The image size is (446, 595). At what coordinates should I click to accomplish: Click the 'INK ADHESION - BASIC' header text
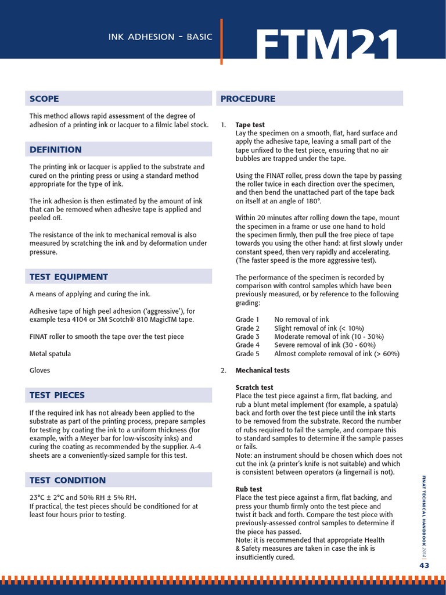[x=160, y=37]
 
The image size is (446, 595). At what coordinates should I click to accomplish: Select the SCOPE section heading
[x=44, y=99]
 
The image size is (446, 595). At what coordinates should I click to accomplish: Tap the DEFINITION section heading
[x=56, y=149]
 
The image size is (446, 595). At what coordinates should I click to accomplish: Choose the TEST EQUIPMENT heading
[x=69, y=277]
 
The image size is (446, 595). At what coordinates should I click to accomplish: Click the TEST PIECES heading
[x=57, y=395]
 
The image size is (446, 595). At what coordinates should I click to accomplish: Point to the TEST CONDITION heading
[x=67, y=480]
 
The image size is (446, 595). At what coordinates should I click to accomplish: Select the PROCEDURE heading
[x=248, y=99]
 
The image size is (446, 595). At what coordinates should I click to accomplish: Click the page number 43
[x=424, y=565]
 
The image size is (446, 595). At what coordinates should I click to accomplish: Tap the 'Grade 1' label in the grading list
[x=247, y=320]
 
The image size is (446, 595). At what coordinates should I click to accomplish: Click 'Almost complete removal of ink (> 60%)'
[x=337, y=353]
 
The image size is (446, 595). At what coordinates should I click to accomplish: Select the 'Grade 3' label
[x=247, y=336]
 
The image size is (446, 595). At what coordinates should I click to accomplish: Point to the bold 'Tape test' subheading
[x=250, y=125]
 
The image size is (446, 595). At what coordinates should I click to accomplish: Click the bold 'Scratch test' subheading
[x=254, y=388]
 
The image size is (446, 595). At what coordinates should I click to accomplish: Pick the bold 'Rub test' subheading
[x=249, y=489]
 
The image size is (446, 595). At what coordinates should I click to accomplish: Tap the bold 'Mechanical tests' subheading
[x=262, y=370]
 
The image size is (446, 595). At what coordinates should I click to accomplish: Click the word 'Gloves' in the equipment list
[x=40, y=370]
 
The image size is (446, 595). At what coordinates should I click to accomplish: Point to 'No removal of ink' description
[x=301, y=320]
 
